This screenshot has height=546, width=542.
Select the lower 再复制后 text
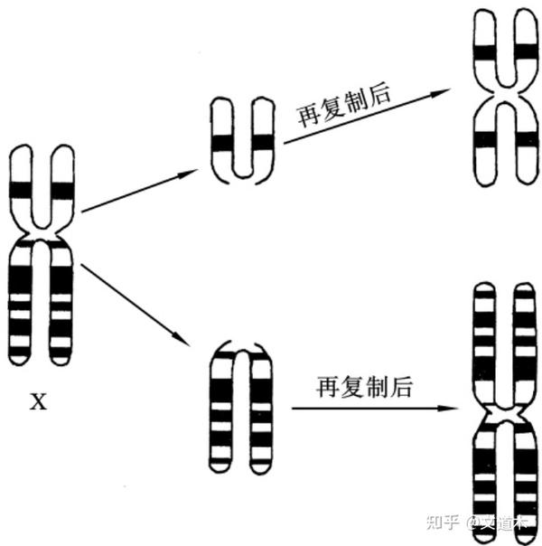click(364, 388)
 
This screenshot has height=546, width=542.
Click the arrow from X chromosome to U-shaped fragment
click(140, 190)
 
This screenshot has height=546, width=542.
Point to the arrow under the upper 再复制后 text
click(366, 116)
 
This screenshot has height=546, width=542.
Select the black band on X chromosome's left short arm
click(19, 190)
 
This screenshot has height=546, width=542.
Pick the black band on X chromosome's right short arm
click(61, 190)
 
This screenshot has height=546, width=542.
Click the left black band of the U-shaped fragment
click(221, 142)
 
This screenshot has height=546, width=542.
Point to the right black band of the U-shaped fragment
click(262, 142)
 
